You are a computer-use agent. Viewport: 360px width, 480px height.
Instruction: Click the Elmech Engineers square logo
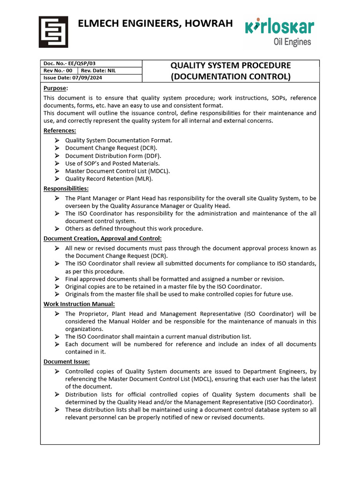[x=52, y=31]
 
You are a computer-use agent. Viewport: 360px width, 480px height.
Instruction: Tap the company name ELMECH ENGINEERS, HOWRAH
[x=155, y=23]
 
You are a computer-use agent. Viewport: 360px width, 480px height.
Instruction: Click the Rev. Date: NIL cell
[x=98, y=70]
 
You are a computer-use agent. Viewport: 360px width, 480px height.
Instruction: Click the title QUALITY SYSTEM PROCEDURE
[x=230, y=65]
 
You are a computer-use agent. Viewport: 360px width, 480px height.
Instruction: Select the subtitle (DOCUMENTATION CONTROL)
[x=230, y=76]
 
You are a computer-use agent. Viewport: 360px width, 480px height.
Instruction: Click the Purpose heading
[x=55, y=88]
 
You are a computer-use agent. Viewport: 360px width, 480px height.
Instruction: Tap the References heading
[x=60, y=131]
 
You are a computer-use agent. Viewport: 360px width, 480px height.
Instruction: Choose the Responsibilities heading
[x=66, y=188]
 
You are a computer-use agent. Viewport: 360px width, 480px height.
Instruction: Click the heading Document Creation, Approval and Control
[x=103, y=238]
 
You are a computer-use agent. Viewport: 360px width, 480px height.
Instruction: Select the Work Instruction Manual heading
[x=79, y=304]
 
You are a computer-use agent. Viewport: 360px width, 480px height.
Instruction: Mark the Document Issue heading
[x=67, y=361]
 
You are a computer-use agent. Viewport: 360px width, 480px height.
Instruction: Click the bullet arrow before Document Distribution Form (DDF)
[x=57, y=156]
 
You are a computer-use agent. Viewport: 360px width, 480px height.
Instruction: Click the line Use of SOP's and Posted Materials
[x=112, y=163]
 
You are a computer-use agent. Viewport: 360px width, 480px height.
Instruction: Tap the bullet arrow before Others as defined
[x=57, y=229]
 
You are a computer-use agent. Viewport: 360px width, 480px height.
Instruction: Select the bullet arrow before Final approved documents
[x=57, y=279]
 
